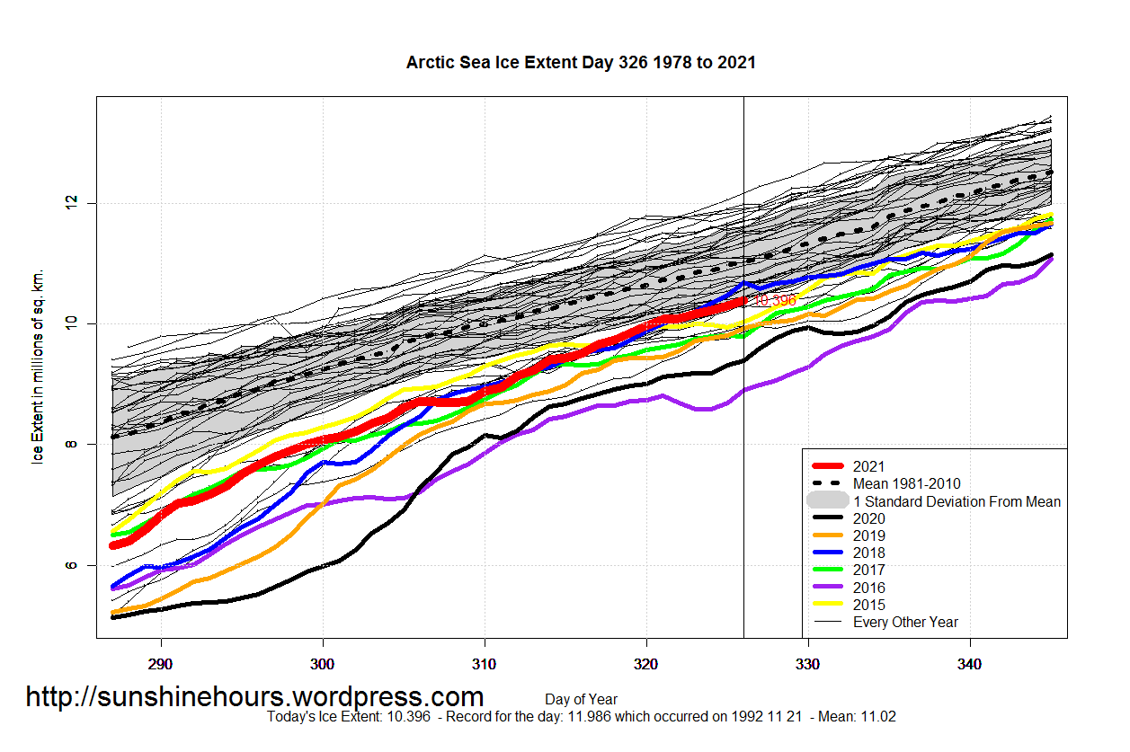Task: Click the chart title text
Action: (581, 63)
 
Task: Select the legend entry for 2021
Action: (868, 466)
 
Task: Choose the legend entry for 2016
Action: (868, 588)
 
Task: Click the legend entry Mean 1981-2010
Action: (906, 484)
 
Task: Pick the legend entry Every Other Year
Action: (905, 622)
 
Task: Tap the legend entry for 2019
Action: (868, 535)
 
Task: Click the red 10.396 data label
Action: (775, 300)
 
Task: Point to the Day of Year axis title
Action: (581, 699)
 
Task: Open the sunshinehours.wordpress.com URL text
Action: (254, 697)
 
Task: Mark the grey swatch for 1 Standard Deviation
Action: (828, 501)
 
